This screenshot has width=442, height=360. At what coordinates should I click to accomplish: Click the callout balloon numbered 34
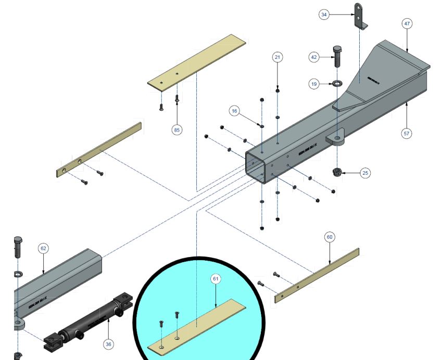pyautogui.click(x=324, y=15)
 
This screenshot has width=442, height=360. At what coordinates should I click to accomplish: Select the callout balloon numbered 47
pyautogui.click(x=407, y=23)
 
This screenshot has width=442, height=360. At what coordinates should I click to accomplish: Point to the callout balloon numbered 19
pyautogui.click(x=313, y=83)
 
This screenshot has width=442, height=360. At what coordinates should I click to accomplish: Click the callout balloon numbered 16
pyautogui.click(x=234, y=111)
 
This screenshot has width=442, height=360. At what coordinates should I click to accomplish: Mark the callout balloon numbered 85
pyautogui.click(x=177, y=130)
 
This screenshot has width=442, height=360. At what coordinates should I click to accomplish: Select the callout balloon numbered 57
pyautogui.click(x=407, y=134)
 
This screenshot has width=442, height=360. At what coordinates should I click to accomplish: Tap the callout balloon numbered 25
pyautogui.click(x=365, y=173)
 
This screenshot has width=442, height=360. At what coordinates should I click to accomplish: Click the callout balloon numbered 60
pyautogui.click(x=329, y=237)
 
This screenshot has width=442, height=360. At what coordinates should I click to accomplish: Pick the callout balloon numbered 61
pyautogui.click(x=216, y=279)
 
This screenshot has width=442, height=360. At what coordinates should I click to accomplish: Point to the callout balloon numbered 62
pyautogui.click(x=43, y=248)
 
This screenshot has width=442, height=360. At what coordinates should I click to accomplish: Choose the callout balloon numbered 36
pyautogui.click(x=108, y=343)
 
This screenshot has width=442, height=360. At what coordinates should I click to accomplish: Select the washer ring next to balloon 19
pyautogui.click(x=337, y=83)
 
